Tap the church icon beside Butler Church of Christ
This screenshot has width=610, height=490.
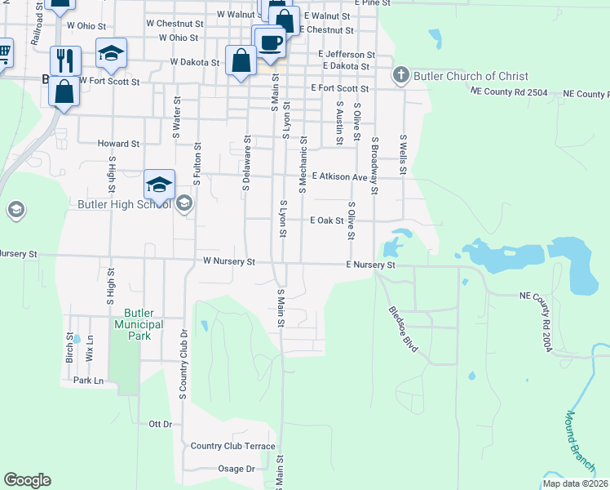click(x=400, y=77)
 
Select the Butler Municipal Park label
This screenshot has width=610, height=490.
click(x=144, y=324)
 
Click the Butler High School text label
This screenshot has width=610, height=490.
click(x=125, y=203)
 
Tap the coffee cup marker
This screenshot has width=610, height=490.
click(x=271, y=43)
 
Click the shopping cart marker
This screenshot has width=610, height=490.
click(x=3, y=53)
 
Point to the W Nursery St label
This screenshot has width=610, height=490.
click(x=230, y=262)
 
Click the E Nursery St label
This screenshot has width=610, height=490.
click(x=370, y=265)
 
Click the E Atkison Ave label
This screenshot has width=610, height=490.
click(x=339, y=176)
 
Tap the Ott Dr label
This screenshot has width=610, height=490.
click(x=161, y=424)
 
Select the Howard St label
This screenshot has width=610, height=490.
click(x=113, y=143)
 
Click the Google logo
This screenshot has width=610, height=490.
click(x=27, y=480)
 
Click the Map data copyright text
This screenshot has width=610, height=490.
click(x=575, y=483)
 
